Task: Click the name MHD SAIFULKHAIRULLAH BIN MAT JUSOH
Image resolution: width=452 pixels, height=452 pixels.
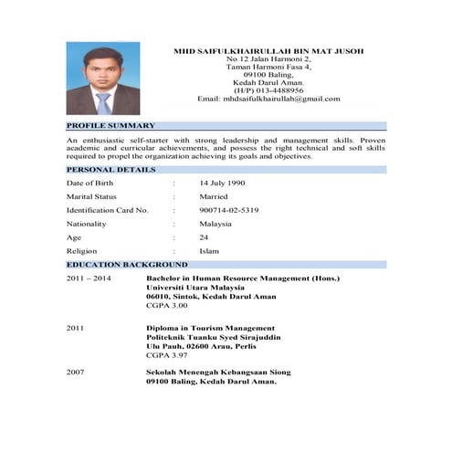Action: click(268, 50)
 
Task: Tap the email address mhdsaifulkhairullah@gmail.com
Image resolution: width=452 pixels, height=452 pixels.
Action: click(288, 99)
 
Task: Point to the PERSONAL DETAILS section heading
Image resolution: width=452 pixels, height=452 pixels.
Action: click(110, 169)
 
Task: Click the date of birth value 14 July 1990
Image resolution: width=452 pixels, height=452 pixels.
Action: click(222, 183)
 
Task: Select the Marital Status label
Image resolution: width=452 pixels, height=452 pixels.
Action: click(91, 196)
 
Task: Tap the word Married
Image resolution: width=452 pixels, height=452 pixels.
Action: click(214, 196)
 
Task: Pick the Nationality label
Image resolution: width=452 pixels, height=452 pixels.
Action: click(86, 224)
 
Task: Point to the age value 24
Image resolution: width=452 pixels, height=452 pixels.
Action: click(205, 237)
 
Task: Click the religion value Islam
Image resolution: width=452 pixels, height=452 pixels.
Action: click(209, 250)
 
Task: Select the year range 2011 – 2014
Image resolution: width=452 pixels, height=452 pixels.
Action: click(89, 278)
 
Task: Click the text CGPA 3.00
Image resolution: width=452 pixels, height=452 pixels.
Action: click(166, 307)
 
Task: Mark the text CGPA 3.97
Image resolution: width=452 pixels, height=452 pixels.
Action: click(166, 354)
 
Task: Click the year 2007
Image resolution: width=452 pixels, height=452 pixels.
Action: click(76, 373)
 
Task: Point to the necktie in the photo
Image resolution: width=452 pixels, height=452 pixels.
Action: click(103, 102)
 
